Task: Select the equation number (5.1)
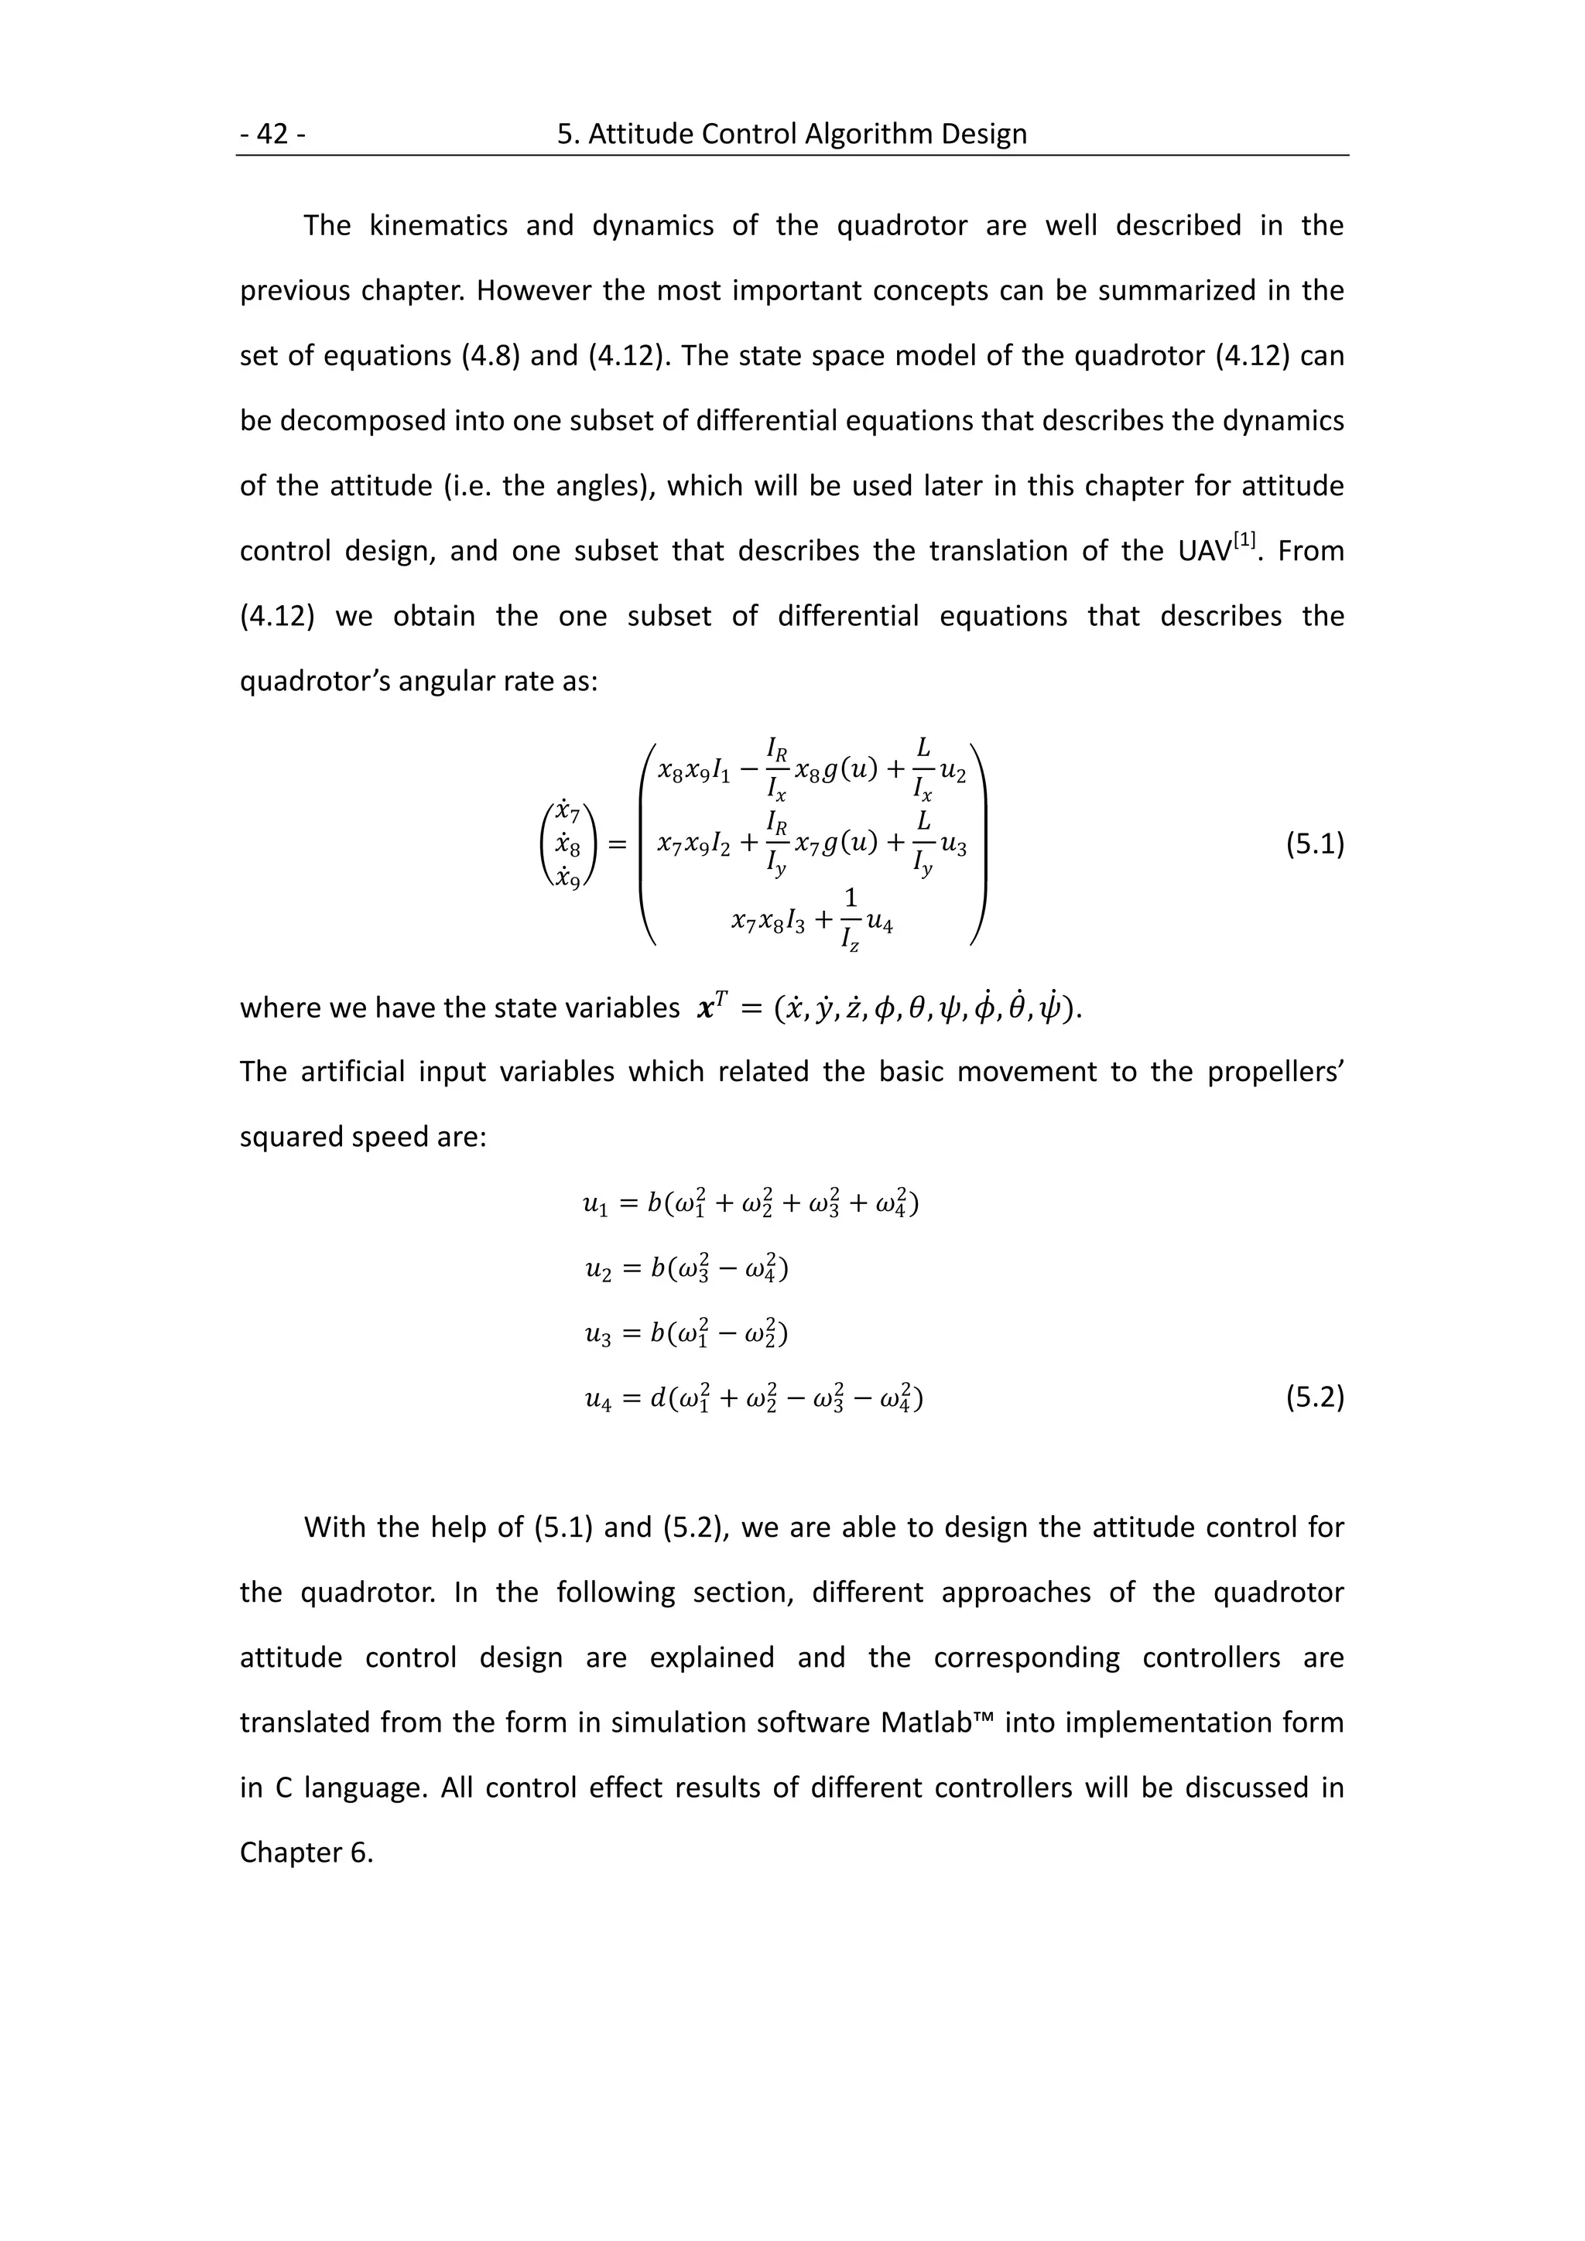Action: pyautogui.click(x=1313, y=844)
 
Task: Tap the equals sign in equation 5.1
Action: pyautogui.click(x=617, y=845)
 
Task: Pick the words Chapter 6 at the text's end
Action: pyautogui.click(x=306, y=1853)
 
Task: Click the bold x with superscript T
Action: pyautogui.click(x=707, y=1008)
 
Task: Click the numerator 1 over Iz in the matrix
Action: pyautogui.click(x=850, y=897)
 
